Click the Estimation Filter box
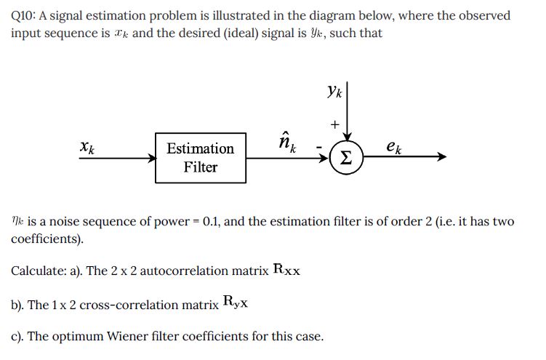[x=200, y=157]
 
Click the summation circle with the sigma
[x=348, y=157]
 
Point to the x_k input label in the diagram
[x=87, y=147]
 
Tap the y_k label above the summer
[x=334, y=92]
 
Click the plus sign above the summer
[x=334, y=124]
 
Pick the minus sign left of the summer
[x=318, y=150]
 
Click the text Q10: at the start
[x=27, y=15]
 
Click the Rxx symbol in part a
[x=287, y=270]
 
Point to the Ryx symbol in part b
[x=236, y=303]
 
